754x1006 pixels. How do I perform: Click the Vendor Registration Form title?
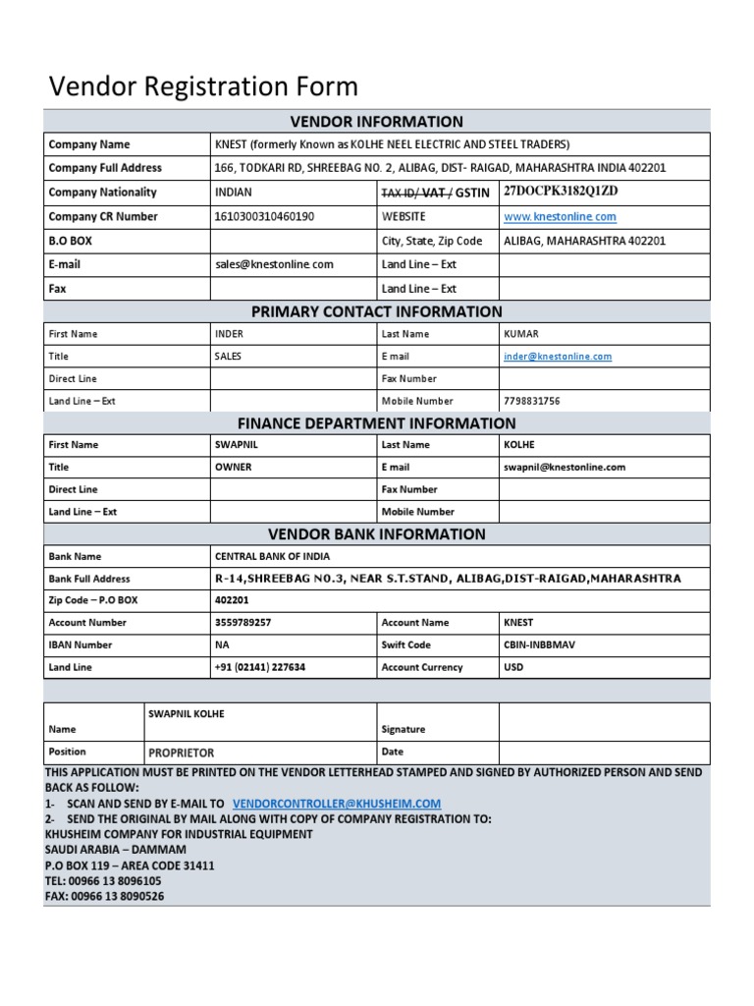(203, 86)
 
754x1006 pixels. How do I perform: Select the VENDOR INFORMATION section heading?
(376, 122)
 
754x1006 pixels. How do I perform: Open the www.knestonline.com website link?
(560, 216)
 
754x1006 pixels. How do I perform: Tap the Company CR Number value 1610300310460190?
(264, 216)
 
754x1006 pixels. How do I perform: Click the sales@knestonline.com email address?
(274, 264)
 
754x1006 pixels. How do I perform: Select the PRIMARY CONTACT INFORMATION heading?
(376, 311)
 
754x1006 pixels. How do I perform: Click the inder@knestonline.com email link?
(557, 357)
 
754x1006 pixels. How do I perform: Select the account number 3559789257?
(243, 623)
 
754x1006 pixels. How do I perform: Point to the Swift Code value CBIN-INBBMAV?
(539, 645)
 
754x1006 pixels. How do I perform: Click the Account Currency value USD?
(512, 667)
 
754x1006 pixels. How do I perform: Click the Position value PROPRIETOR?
(181, 753)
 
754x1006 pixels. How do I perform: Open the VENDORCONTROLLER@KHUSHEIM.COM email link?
(337, 803)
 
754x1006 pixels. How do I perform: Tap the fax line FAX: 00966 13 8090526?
(104, 896)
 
